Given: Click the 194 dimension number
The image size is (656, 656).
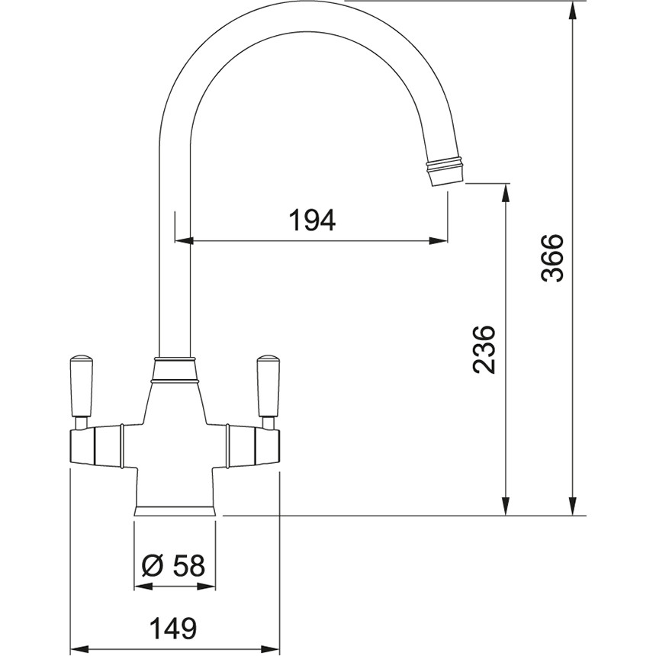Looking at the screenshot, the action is point(313,220).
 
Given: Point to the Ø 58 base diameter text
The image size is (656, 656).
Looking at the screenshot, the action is point(173,566).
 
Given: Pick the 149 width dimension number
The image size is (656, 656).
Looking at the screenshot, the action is point(173,628).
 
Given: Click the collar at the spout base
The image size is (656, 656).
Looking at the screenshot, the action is point(175,369).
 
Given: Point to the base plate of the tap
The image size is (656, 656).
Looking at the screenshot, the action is point(175,511).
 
